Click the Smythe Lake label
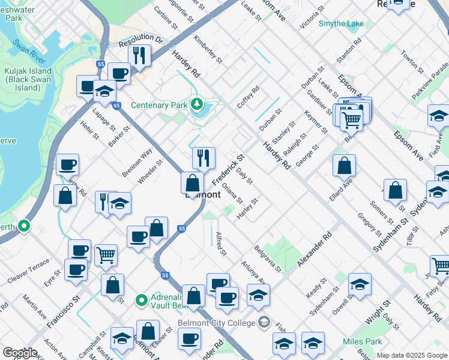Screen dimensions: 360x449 coord(341,23)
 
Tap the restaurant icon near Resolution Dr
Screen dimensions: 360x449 coord(139,56)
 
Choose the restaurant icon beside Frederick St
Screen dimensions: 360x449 coord(203,158)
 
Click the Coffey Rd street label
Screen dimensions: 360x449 coord(247,97)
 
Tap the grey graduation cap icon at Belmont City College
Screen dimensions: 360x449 coord(264,323)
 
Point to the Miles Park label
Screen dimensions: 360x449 coord(362,341)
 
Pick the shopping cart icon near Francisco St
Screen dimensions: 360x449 coord(106,254)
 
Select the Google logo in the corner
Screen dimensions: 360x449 coord(20,353)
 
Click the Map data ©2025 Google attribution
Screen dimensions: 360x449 coord(412,355)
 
